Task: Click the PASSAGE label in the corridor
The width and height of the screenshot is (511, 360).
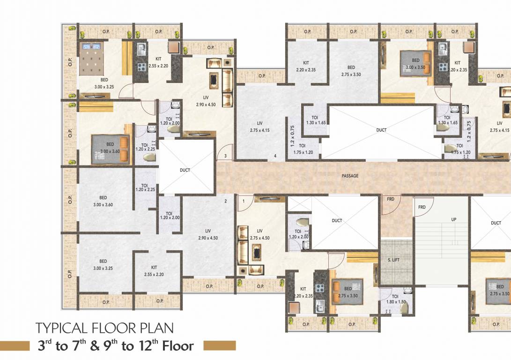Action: tap(350, 176)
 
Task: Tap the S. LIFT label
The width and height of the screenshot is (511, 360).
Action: tap(393, 259)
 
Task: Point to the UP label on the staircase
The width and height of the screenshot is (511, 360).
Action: tap(453, 219)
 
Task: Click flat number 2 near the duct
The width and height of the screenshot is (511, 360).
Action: tap(225, 201)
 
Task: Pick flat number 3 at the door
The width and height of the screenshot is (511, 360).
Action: tap(225, 156)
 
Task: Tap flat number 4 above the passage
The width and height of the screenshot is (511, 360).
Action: tap(275, 156)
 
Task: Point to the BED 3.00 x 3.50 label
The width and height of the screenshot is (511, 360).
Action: tap(415, 63)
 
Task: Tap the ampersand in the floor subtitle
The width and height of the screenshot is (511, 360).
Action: tap(95, 346)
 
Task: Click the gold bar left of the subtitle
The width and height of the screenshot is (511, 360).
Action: tap(16, 346)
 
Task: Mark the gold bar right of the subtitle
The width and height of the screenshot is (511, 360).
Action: tap(220, 346)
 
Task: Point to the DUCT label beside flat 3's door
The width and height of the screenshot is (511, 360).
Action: tap(185, 170)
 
